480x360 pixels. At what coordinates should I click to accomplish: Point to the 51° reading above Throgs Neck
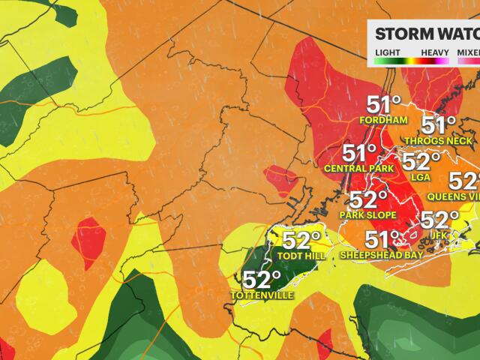(439, 125)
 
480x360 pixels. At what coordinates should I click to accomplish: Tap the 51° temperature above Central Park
(360, 154)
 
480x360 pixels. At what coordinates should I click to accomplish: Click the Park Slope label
(369, 214)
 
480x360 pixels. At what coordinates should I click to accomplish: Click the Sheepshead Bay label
(382, 255)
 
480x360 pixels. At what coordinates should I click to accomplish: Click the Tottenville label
(261, 295)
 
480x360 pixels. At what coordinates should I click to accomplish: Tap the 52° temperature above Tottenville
(262, 280)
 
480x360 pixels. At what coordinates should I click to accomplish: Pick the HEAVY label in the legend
(435, 52)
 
